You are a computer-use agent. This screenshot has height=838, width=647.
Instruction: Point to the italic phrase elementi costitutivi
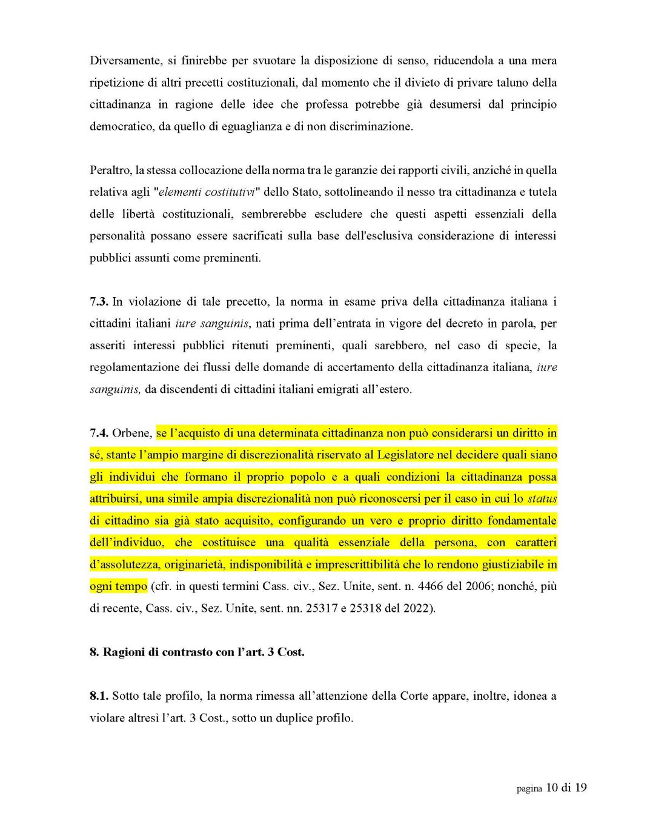point(206,192)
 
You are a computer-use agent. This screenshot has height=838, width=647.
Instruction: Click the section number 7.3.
point(99,302)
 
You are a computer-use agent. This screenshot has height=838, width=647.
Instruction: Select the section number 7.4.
point(99,433)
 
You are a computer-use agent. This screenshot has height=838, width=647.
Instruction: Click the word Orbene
point(131,433)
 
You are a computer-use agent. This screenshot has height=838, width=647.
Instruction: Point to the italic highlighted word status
point(542,499)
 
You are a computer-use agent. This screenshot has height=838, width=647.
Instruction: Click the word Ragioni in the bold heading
point(124,652)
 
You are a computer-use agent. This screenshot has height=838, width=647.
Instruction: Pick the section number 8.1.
point(99,696)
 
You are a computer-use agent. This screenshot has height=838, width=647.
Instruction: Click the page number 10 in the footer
point(552,788)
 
